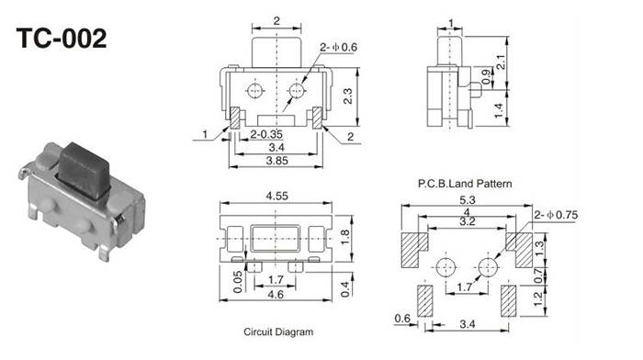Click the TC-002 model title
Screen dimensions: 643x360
pyautogui.click(x=62, y=39)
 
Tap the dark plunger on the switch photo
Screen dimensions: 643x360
pyautogui.click(x=85, y=170)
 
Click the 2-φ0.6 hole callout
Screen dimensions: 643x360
pyautogui.click(x=338, y=47)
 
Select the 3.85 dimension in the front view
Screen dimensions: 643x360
pyautogui.click(x=276, y=161)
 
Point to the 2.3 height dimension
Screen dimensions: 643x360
pyautogui.click(x=348, y=96)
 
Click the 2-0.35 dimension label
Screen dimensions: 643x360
pyautogui.click(x=266, y=134)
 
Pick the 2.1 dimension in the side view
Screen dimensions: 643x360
pyautogui.click(x=501, y=62)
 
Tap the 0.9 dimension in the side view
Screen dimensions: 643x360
pyautogui.click(x=486, y=76)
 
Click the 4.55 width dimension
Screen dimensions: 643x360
pyautogui.click(x=276, y=196)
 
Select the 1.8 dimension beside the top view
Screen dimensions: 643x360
pyautogui.click(x=344, y=238)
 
